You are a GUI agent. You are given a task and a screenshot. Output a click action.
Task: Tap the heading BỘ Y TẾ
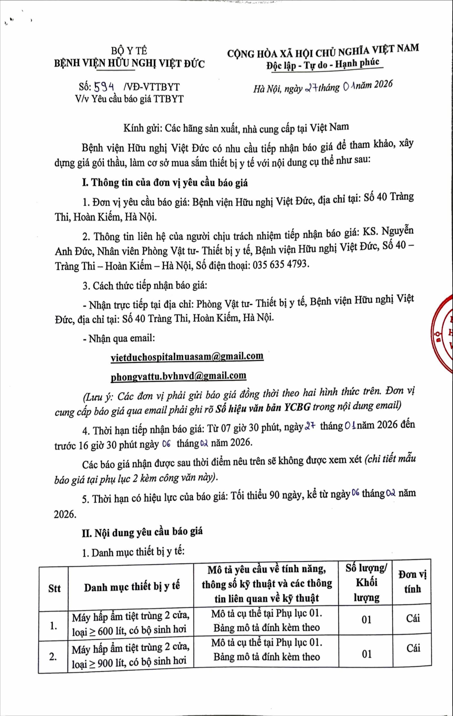pos(129,51)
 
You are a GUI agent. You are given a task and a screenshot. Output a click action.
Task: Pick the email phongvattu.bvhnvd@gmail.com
pos(178,376)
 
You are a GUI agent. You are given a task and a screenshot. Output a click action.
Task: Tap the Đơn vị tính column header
pos(413,582)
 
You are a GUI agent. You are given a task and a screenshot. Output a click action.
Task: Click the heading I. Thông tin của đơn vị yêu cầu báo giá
pos(165,183)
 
